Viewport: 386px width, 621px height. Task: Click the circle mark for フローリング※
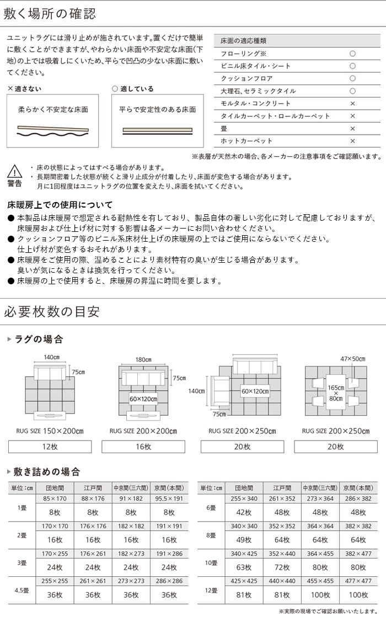click(352, 54)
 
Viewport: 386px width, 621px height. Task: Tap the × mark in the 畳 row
click(352, 129)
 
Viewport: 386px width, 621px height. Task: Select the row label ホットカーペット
click(246, 141)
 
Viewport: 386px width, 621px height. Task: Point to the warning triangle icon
click(15, 171)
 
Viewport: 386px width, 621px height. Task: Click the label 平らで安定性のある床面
click(158, 109)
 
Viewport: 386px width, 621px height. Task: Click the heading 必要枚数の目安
click(52, 311)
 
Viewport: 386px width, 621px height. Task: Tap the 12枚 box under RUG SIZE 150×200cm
click(50, 447)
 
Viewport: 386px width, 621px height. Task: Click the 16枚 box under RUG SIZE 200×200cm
click(143, 447)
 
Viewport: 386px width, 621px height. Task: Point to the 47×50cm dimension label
click(352, 359)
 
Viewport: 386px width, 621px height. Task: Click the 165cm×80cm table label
click(336, 392)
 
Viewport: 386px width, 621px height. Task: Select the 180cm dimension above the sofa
click(143, 359)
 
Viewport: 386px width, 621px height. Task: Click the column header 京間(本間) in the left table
click(169, 488)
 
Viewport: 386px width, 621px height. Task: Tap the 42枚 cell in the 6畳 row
click(244, 512)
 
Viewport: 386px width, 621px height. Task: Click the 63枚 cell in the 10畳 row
click(244, 567)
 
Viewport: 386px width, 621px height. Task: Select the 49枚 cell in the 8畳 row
click(244, 539)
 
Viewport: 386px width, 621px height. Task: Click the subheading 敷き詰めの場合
click(47, 472)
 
